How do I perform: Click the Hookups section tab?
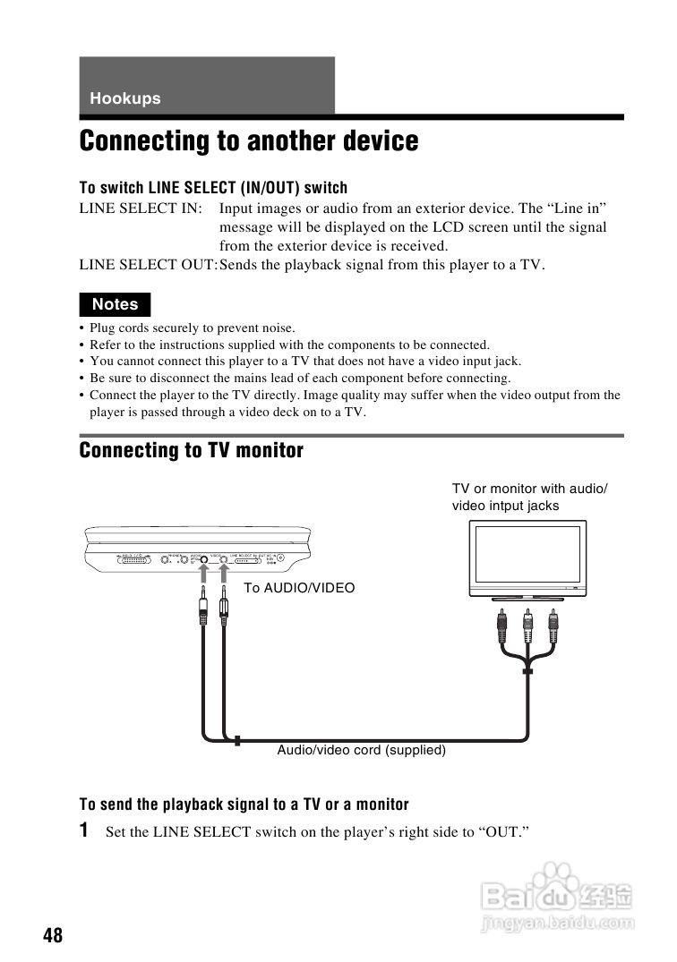click(125, 98)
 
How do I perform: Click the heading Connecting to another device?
click(249, 141)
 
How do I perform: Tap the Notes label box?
click(115, 304)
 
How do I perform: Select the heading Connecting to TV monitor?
click(192, 450)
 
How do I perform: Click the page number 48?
click(53, 935)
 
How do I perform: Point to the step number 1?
click(84, 830)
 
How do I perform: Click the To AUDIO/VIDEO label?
click(299, 588)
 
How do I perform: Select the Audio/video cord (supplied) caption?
click(361, 750)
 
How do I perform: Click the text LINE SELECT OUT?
click(148, 265)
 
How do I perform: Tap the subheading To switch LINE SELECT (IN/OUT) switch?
click(213, 188)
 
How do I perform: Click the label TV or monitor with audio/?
click(529, 489)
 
